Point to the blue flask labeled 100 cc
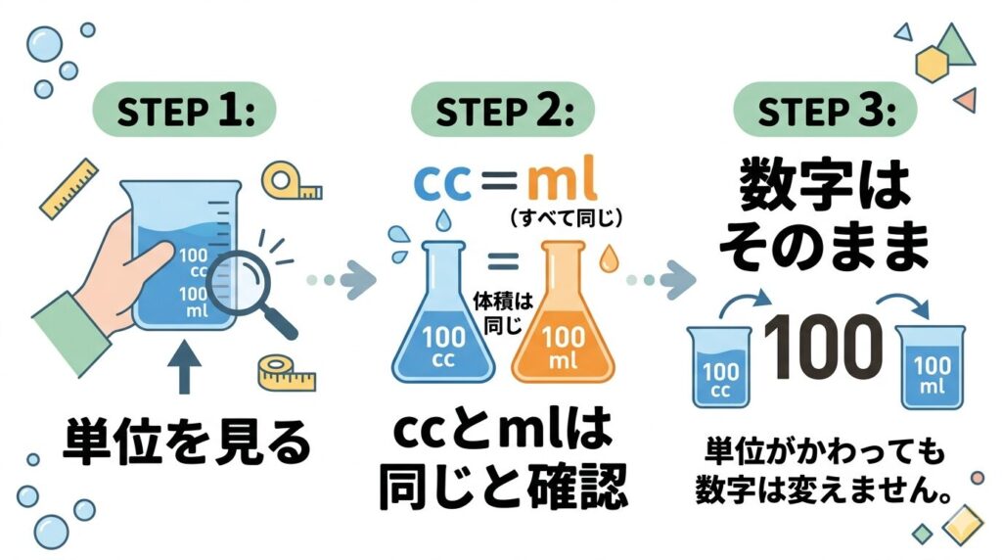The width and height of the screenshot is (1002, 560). [443, 324]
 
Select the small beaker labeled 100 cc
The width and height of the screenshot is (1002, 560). [721, 368]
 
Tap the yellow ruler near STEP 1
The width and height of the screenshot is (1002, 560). [70, 188]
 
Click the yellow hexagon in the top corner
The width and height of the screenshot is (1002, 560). [933, 65]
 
